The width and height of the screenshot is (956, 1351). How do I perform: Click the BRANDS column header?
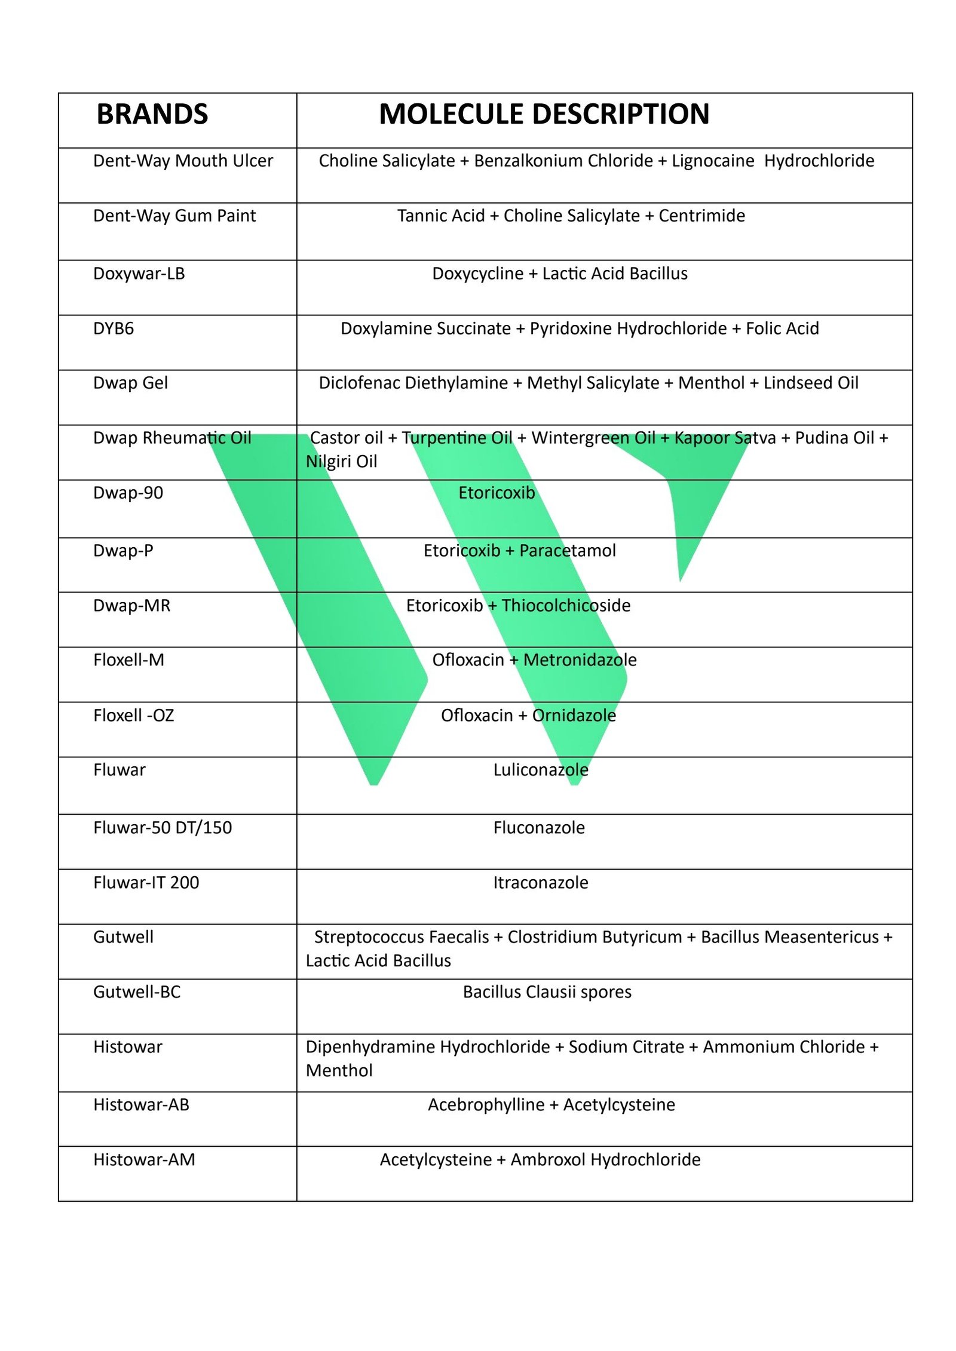pos(152,114)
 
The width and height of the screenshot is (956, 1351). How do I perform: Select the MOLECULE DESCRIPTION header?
pos(544,114)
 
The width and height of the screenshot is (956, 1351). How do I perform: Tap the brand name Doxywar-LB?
pos(139,274)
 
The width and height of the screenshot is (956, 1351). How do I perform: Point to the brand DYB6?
pos(113,328)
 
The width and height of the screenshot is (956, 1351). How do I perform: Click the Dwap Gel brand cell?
pos(130,383)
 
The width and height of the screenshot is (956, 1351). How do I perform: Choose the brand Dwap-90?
pos(128,493)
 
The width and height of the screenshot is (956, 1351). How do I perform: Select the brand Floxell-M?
pos(128,660)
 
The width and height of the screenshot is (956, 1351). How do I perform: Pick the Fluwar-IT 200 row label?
pos(146,882)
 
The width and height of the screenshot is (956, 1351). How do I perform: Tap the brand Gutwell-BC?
pos(137,992)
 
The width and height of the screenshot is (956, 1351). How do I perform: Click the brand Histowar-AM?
pos(144,1159)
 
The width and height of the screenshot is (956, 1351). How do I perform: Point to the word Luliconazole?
pos(540,770)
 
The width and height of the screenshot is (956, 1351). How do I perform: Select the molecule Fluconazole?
pos(538,828)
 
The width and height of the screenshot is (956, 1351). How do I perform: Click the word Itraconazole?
pos(540,882)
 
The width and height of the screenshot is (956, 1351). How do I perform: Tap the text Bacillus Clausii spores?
pos(547,992)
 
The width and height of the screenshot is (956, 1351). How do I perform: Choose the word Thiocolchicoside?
pos(565,606)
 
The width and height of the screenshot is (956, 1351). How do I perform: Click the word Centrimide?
pos(701,216)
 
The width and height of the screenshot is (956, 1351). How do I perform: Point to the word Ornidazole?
pos(574,716)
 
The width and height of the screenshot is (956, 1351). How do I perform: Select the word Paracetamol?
pos(567,551)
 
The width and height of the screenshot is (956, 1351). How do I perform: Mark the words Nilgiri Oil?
pos(341,462)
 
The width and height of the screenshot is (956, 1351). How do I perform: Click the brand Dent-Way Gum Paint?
pos(174,216)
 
